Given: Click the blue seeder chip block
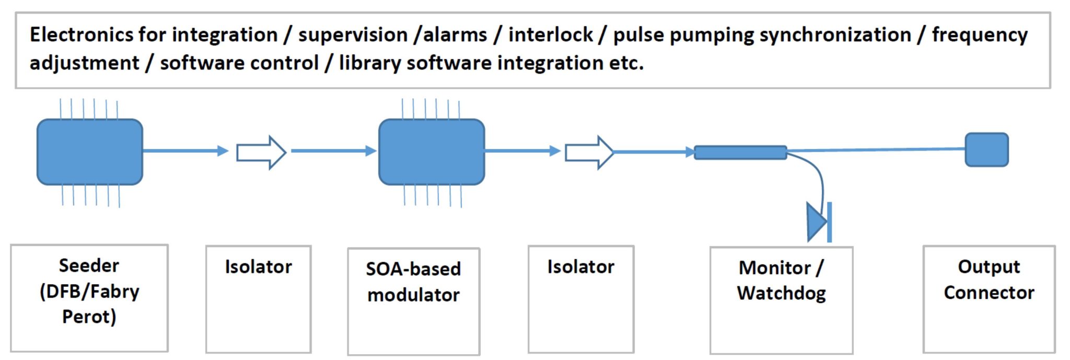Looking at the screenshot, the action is click(x=90, y=152).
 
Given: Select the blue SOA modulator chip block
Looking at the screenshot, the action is click(x=432, y=152).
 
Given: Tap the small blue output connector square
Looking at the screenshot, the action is click(x=986, y=150).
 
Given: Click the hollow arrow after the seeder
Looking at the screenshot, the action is click(x=261, y=153).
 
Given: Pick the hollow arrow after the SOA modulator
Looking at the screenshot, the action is click(x=589, y=153).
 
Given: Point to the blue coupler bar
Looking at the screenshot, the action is click(x=740, y=153).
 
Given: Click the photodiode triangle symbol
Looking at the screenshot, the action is click(x=817, y=222).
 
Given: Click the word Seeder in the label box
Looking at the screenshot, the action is click(x=89, y=265).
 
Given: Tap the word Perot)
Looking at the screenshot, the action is click(x=89, y=317).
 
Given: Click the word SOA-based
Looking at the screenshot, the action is click(x=413, y=269).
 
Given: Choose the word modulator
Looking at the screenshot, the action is click(x=413, y=295).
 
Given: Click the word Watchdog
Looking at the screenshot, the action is click(x=782, y=294).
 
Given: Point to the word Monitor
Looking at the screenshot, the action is click(x=775, y=268).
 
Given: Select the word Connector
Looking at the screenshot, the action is click(x=989, y=293).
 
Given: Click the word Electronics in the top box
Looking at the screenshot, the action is click(x=82, y=35).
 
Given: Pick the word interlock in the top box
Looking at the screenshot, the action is click(x=551, y=35).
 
